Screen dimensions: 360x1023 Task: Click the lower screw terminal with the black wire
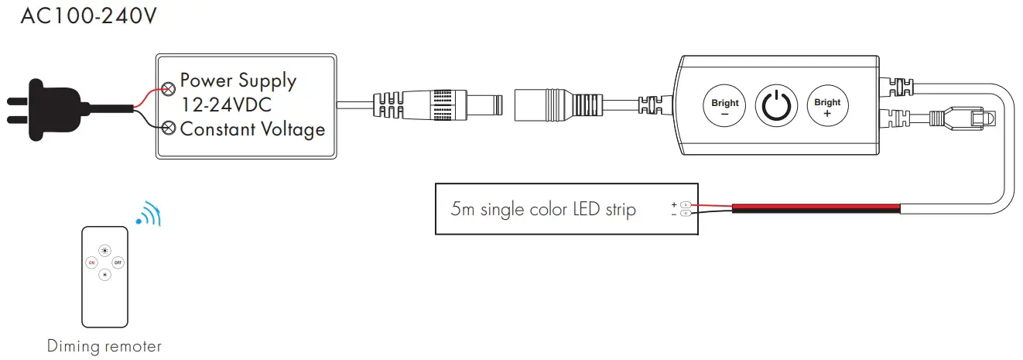(x=168, y=127)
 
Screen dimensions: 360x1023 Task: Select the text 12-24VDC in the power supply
(x=225, y=105)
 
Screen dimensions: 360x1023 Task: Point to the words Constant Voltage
(x=252, y=129)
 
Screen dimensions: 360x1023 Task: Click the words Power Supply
(x=238, y=81)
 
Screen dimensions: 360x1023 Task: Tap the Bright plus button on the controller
(x=827, y=107)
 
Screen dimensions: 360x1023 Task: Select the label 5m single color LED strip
(x=543, y=209)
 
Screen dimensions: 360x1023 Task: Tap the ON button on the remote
(x=91, y=262)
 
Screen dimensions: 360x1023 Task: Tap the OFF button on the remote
(x=118, y=262)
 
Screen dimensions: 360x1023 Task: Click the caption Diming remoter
(x=104, y=346)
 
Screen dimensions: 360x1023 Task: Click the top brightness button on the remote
(x=104, y=250)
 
